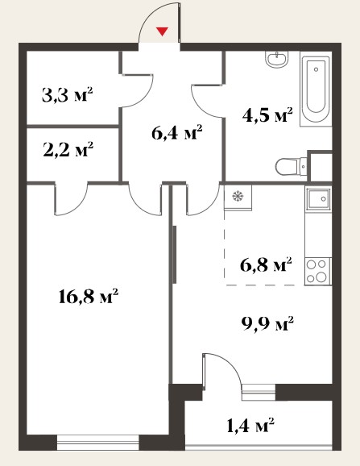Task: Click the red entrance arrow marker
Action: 163,31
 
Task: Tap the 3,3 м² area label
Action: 68,95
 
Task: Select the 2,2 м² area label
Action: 68,149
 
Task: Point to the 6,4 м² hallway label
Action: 177,132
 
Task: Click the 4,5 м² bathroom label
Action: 267,114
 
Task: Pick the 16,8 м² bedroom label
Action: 89,296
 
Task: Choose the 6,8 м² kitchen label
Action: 266,264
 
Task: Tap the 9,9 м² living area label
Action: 268,323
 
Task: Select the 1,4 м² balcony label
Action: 250,425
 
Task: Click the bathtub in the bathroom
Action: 316,89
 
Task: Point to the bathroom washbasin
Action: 277,59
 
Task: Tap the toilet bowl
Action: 292,166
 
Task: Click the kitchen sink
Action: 318,199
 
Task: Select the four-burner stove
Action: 317,271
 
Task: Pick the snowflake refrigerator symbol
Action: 238,196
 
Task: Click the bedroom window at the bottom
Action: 97,443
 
